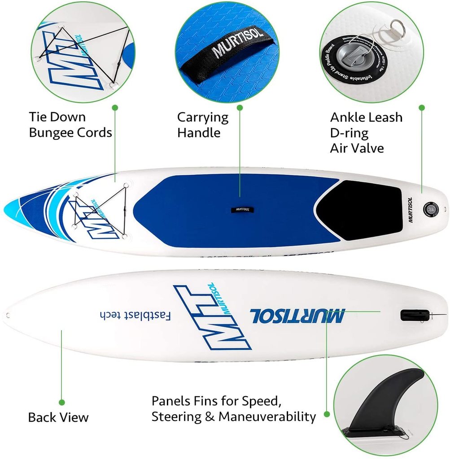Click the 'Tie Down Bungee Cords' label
click(x=70, y=125)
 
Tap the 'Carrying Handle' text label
click(x=203, y=125)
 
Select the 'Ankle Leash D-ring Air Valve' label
click(x=366, y=133)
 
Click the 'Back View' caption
click(x=58, y=417)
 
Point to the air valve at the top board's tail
click(x=431, y=208)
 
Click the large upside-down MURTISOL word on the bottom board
click(x=297, y=315)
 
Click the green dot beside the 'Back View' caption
click(x=62, y=402)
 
